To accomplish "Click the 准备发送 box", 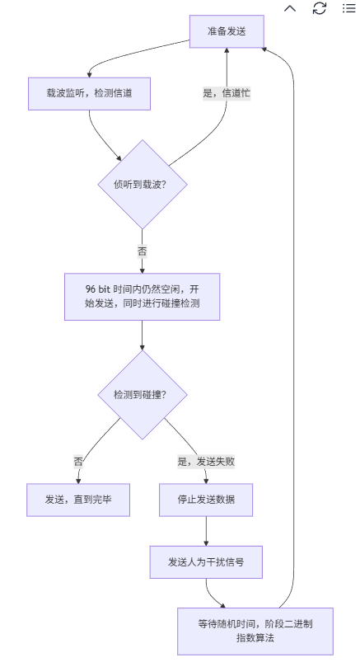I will [x=226, y=31].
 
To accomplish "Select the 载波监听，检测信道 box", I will [x=89, y=94].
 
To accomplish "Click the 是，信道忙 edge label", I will [x=227, y=93].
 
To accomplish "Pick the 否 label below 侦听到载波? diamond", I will [x=143, y=251].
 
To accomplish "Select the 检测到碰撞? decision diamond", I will [x=143, y=395].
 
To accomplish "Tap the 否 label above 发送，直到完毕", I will [x=78, y=462].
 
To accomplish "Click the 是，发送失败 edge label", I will [x=206, y=462].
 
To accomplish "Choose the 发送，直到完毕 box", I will [x=78, y=499].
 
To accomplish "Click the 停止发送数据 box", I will [x=206, y=499].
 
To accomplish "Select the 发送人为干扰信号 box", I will [x=206, y=562].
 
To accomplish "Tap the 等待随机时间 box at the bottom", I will [x=255, y=631].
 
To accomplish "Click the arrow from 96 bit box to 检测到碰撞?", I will [x=143, y=336].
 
